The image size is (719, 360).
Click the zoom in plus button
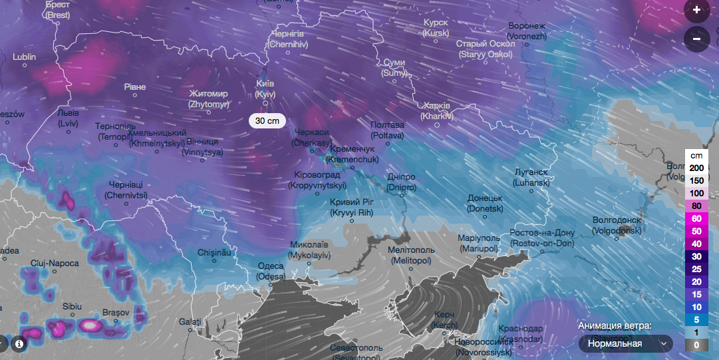tap(696, 10)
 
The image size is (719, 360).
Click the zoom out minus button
tap(696, 39)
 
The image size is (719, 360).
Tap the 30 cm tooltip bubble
tap(267, 120)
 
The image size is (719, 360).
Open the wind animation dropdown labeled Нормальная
tap(625, 343)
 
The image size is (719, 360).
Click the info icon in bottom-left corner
tap(19, 344)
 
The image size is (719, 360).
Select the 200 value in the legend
tap(696, 167)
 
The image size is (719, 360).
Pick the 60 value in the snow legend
tap(696, 218)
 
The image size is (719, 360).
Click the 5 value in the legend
tap(696, 319)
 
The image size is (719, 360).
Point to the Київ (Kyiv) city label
tap(265, 89)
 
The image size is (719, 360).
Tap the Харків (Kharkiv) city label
tap(436, 111)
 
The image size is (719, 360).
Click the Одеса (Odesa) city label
tap(271, 271)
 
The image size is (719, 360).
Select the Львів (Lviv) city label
tap(68, 118)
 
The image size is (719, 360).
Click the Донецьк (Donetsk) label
tap(484, 203)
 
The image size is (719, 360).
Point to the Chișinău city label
tap(214, 253)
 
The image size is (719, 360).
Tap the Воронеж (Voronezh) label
tap(526, 30)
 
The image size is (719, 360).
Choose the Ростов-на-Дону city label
tap(541, 238)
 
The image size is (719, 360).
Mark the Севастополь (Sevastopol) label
tap(357, 351)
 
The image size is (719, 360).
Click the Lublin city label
tap(25, 57)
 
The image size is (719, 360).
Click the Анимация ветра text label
tap(615, 325)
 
